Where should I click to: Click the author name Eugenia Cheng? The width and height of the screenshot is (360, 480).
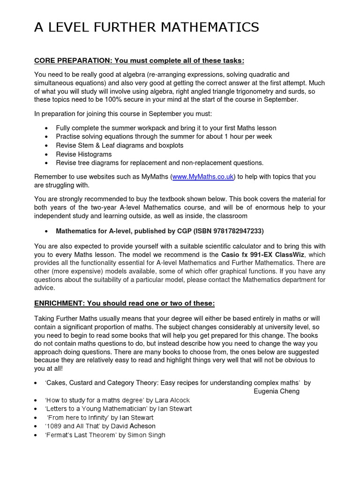click(276, 391)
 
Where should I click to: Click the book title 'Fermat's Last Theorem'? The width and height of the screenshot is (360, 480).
click(80, 435)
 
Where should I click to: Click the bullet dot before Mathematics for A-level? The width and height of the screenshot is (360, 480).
click(46, 232)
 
